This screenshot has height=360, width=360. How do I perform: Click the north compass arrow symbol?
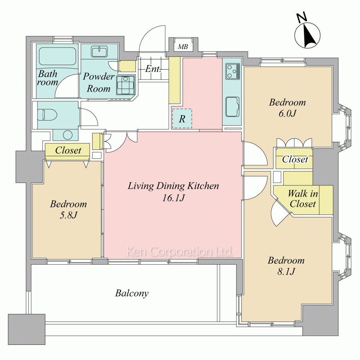(307, 35)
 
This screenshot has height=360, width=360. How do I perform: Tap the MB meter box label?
(183, 47)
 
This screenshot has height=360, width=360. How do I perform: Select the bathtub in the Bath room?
(57, 56)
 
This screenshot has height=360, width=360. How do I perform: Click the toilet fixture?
(47, 114)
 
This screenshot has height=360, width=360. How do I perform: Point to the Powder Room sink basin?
(99, 51)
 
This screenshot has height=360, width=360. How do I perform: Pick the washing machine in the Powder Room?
(125, 85)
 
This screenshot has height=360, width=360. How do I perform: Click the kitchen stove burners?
(233, 71)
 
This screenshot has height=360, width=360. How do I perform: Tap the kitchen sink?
(233, 107)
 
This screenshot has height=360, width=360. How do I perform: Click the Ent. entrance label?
(153, 69)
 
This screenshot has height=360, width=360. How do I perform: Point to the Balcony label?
(132, 293)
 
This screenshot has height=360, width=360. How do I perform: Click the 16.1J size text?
(174, 198)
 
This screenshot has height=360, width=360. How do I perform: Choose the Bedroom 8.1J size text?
(286, 272)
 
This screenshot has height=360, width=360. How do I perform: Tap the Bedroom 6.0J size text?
(287, 113)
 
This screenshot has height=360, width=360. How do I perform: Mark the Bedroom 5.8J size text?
(68, 215)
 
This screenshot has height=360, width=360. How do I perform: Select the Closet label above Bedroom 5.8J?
(68, 150)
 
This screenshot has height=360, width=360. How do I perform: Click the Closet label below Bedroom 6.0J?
(295, 159)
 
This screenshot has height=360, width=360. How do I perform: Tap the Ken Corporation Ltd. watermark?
(180, 252)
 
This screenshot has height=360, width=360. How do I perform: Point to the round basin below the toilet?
(68, 135)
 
